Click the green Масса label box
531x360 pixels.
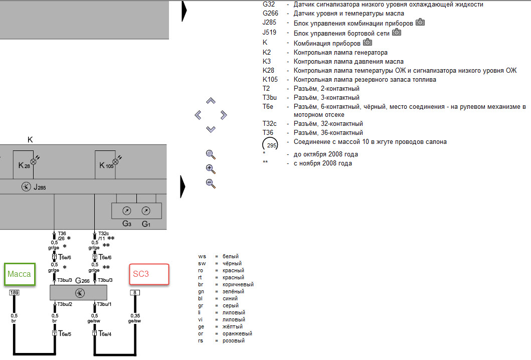(19, 274)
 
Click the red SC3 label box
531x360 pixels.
(149, 274)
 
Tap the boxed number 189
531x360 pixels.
(14, 292)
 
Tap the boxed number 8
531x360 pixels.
(134, 292)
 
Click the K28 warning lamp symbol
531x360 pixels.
(34, 161)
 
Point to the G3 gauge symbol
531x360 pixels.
(127, 211)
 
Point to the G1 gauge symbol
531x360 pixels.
(145, 211)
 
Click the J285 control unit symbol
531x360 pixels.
(26, 187)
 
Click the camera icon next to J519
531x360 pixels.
(397, 33)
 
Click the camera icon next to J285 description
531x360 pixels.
(420, 23)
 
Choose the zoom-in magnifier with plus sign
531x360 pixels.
(211, 169)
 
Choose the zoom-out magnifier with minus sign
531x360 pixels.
(211, 184)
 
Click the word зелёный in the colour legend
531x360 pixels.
(234, 291)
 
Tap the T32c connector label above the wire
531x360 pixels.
(104, 233)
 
